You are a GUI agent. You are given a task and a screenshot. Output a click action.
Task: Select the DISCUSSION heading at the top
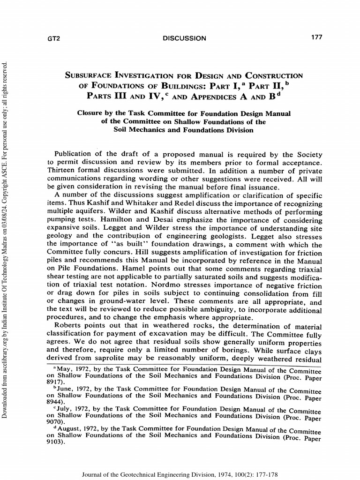184,38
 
